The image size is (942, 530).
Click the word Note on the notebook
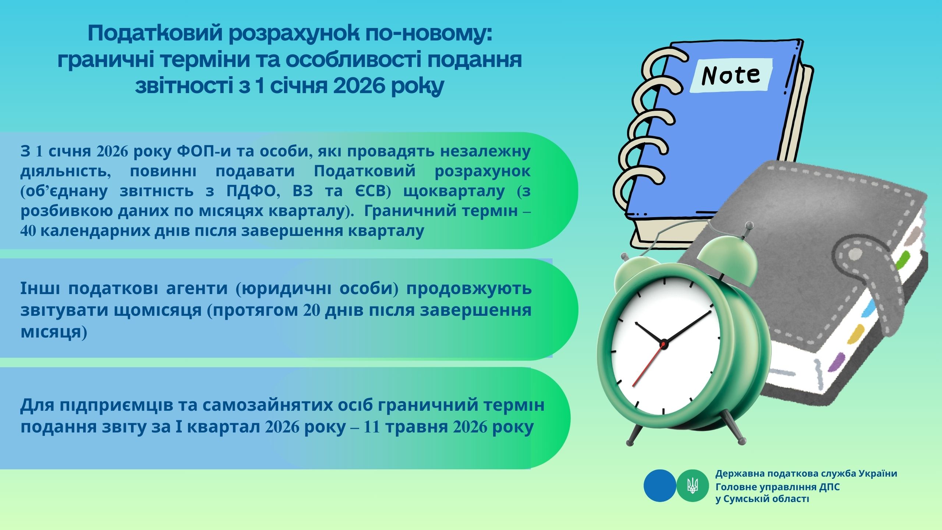pyautogui.click(x=730, y=75)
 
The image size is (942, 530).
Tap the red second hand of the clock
pyautogui.click(x=648, y=364)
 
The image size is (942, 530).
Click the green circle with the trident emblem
pyautogui.click(x=693, y=486)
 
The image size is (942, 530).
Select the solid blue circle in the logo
pyautogui.click(x=660, y=486)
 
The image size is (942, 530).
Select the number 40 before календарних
pyautogui.click(x=28, y=231)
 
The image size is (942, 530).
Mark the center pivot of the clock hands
pyautogui.click(x=663, y=344)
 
